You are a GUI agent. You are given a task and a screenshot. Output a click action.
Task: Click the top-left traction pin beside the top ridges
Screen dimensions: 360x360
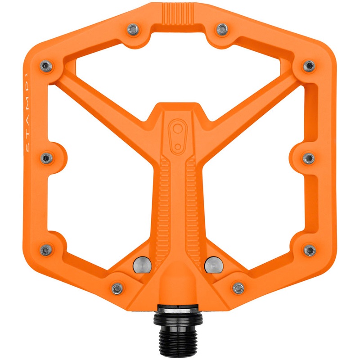[132, 30]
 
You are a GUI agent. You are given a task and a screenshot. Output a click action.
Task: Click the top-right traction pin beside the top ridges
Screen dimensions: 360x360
[222, 30]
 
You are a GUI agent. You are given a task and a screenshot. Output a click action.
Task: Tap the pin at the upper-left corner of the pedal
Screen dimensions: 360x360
[46, 66]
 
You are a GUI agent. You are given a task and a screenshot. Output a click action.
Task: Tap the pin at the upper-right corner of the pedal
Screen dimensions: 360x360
[309, 66]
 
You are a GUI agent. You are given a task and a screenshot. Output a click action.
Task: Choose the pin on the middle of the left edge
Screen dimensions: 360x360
[46, 158]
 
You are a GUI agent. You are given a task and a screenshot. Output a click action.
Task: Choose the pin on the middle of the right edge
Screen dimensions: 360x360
[309, 158]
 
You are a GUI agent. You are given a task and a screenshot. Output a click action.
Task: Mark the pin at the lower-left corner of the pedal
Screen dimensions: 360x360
[46, 250]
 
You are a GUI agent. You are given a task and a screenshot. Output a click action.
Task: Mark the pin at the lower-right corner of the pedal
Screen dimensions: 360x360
[310, 250]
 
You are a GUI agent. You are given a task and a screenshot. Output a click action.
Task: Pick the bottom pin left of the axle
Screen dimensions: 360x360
[117, 288]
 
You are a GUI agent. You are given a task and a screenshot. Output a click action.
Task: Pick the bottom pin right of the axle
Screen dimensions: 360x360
[239, 288]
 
